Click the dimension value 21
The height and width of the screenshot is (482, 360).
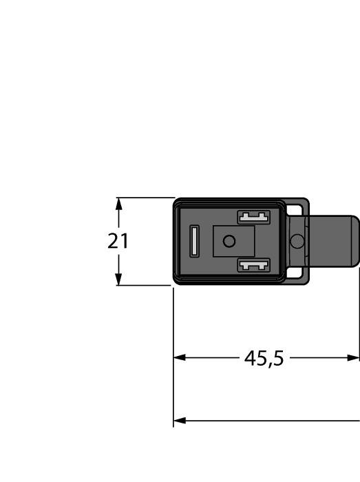coord(118,242)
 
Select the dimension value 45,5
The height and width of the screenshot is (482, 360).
coord(264,358)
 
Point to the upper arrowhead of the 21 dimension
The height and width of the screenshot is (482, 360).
coord(119,204)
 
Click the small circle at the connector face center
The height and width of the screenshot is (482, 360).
coord(229,241)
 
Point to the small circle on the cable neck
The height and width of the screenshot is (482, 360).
coord(297,241)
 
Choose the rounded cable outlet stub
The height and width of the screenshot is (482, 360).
coord(334,241)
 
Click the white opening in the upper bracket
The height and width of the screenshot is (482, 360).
coord(297,207)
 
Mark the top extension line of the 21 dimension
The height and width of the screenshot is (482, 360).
coord(145,198)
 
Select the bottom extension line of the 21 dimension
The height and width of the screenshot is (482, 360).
coord(145,285)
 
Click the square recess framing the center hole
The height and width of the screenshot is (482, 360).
coord(235,241)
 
